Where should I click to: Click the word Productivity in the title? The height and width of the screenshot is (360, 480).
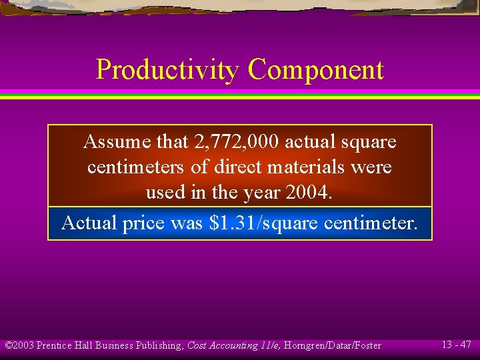pos(167,70)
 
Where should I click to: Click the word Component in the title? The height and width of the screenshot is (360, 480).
pos(316,70)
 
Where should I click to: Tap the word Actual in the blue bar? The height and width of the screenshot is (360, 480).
pos(89,223)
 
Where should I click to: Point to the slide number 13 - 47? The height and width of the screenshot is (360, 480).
pos(457,345)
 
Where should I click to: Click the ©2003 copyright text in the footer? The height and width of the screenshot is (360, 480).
pos(19,345)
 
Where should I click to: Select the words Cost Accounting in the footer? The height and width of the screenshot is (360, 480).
pos(223,345)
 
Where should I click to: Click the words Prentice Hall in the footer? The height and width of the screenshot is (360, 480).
pos(64,345)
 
